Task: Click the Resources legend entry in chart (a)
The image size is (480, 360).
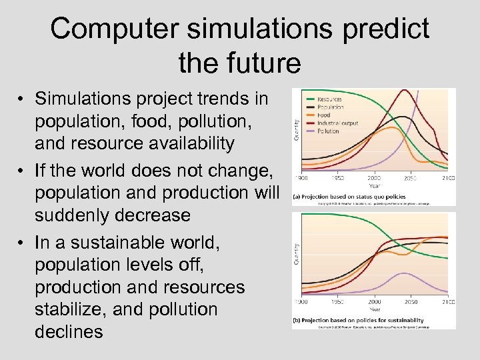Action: [330, 99]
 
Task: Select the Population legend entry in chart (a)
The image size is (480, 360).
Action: [331, 107]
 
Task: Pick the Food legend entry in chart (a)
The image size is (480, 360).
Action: [324, 115]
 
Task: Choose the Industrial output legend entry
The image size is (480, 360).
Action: [337, 123]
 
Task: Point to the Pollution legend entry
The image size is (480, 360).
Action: [328, 131]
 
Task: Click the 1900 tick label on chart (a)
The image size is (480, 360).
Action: [302, 179]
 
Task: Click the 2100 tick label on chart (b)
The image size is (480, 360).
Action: [448, 302]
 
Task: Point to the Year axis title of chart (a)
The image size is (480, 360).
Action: [374, 185]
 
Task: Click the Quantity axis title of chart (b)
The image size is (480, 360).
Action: [296, 253]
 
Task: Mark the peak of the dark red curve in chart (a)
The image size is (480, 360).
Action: [404, 91]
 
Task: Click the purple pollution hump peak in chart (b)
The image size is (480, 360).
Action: [403, 273]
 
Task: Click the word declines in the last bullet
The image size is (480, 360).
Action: [69, 331]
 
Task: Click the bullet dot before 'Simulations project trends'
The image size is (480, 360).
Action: [22, 100]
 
